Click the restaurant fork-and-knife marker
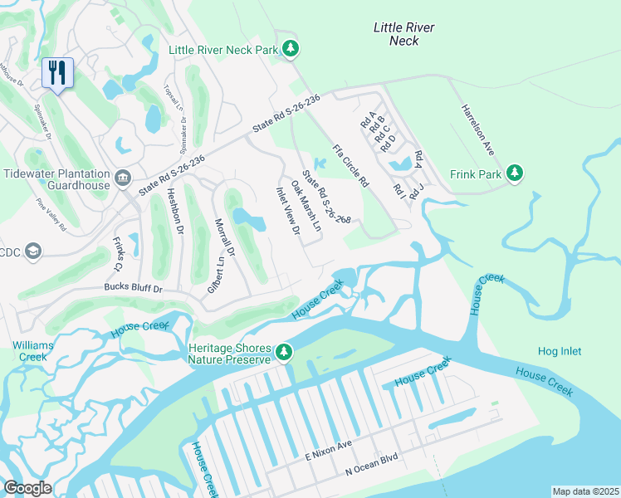pos(57,72)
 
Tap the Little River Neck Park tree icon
pos(290,50)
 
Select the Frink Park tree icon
pos(516,173)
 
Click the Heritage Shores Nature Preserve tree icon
pos(284,353)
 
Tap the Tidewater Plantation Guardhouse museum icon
pos(122,178)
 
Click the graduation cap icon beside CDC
pos(32,251)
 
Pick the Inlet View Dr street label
pos(287,210)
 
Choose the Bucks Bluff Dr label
pos(133,288)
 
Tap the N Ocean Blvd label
pos(372,470)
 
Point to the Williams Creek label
pos(31,350)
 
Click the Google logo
pos(27,488)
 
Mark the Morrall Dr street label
pos(225,238)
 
